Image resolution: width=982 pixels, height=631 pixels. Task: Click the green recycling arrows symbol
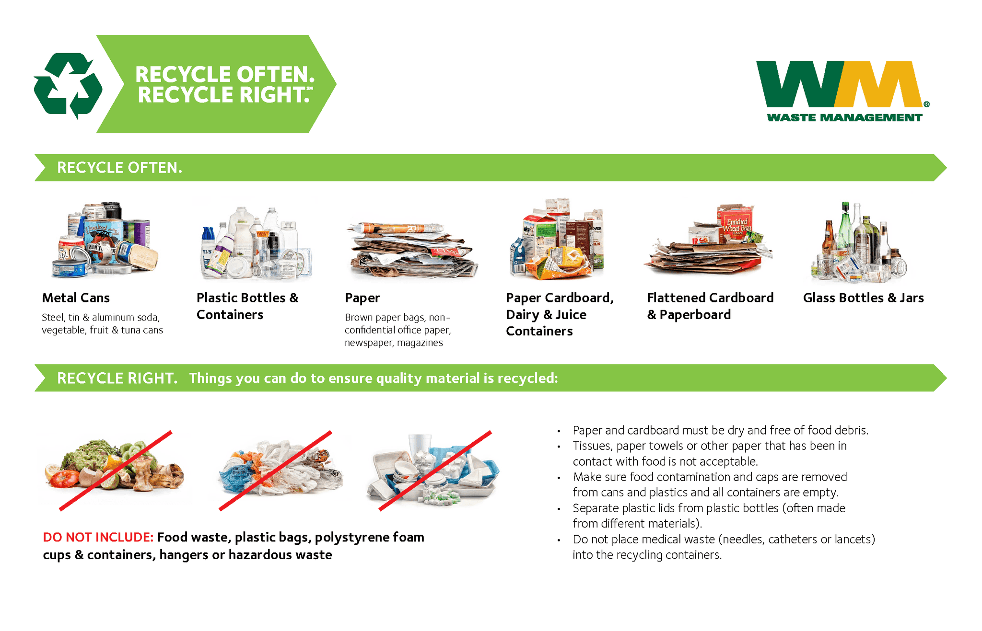coord(68,85)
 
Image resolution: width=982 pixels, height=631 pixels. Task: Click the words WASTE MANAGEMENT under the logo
coord(844,117)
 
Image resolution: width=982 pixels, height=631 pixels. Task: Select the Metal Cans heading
coord(76,298)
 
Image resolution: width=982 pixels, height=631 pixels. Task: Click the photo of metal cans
coord(105,240)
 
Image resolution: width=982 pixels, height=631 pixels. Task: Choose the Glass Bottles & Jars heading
coord(863,298)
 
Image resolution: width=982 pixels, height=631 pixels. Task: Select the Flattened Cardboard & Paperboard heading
coord(710,306)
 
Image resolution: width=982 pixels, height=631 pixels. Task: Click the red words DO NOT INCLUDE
coord(98,537)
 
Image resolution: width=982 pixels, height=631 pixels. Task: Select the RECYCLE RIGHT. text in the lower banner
coord(117,378)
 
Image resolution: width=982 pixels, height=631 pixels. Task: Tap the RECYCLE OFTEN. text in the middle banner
coord(119,168)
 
